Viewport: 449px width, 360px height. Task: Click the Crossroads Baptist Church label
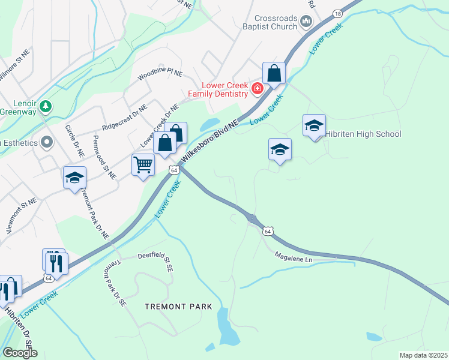[276, 22]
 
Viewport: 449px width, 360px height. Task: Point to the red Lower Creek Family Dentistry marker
[257, 89]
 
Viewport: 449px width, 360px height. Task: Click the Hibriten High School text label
[363, 134]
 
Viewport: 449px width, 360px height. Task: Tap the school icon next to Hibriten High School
[314, 125]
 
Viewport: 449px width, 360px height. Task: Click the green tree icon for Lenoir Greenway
[46, 106]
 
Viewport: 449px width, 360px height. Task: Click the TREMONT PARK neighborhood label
[178, 307]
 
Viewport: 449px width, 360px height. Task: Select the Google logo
[20, 353]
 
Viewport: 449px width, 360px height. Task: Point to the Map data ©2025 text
[423, 355]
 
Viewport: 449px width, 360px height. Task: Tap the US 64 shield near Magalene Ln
[268, 231]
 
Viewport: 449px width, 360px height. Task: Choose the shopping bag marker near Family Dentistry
[274, 73]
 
